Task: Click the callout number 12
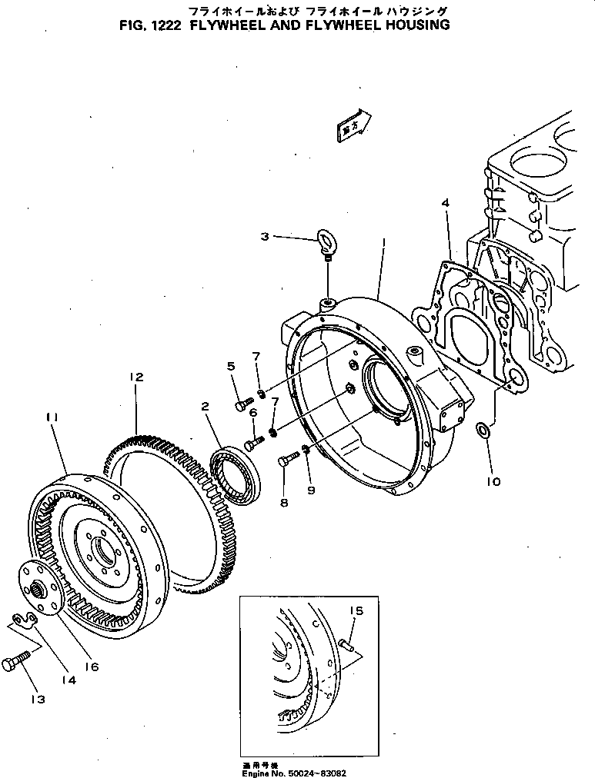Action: point(136,377)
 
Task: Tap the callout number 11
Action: point(52,417)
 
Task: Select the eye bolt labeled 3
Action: point(326,241)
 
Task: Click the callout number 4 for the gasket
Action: point(445,202)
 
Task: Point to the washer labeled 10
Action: point(482,428)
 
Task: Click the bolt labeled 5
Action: point(242,401)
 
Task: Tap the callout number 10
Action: point(493,481)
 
